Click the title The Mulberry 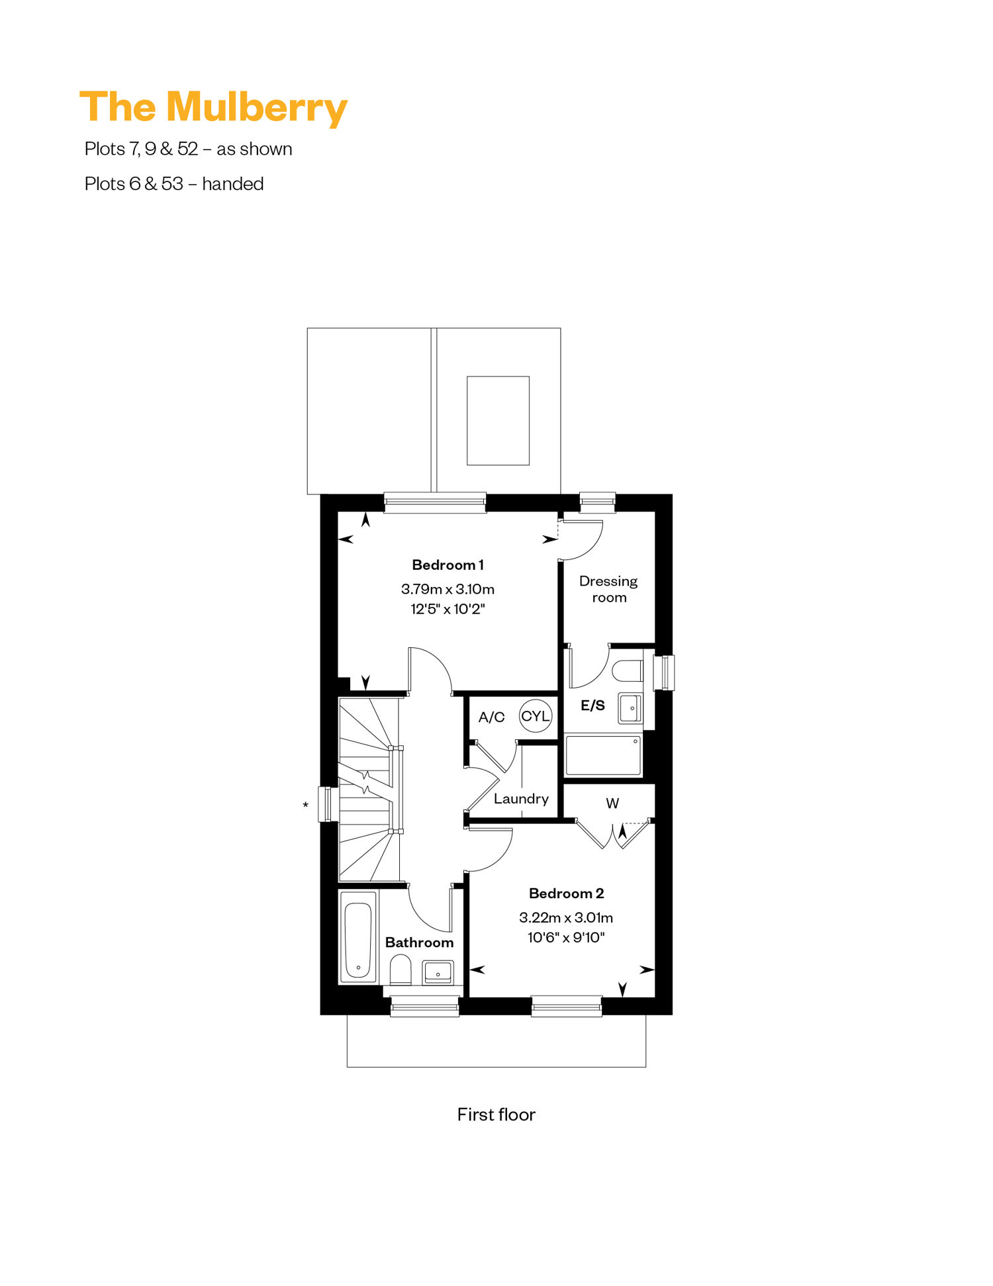point(213,108)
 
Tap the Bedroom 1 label point(448,565)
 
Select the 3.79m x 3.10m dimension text point(448,589)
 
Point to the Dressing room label point(608,589)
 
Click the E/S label point(592,706)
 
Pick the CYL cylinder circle point(536,716)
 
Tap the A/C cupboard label point(491,717)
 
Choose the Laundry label point(521,799)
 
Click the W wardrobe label point(612,804)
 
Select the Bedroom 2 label point(566,894)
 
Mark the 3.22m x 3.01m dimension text point(566,917)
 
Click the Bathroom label point(419,942)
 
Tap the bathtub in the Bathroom point(358,937)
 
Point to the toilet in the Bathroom point(401,970)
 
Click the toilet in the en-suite point(628,670)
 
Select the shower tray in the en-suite point(603,755)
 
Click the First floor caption point(496,1115)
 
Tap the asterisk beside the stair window point(305,805)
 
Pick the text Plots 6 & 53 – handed point(174,184)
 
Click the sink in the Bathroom point(438,973)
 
